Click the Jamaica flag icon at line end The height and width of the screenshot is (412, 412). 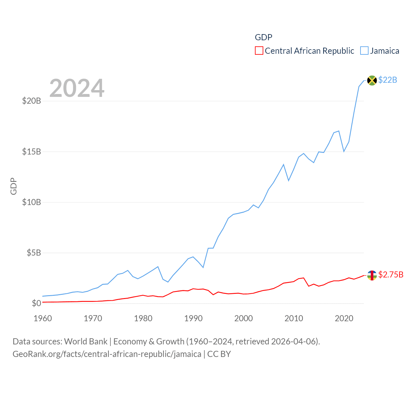click(x=372, y=80)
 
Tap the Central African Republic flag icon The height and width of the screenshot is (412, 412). click(x=372, y=275)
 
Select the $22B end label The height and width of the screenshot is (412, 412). click(x=388, y=80)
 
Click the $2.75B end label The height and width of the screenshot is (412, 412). click(x=391, y=275)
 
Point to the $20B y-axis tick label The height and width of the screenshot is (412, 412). click(x=32, y=101)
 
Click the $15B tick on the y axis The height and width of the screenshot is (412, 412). click(x=32, y=152)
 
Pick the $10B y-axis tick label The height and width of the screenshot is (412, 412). click(x=32, y=202)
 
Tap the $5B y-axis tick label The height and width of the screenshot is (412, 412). click(x=34, y=253)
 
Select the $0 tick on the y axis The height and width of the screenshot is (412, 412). click(x=36, y=303)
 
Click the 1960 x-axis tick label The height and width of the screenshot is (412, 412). click(x=43, y=318)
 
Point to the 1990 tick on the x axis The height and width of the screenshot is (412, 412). click(x=193, y=318)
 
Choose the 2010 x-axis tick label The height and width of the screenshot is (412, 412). click(x=294, y=318)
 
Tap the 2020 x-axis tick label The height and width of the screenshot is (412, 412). click(x=344, y=318)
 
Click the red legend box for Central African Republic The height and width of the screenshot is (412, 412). click(x=259, y=51)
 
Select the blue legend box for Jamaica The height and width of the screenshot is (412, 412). click(x=364, y=51)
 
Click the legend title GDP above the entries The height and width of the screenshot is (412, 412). click(x=263, y=37)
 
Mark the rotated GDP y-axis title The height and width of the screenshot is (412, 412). click(x=14, y=186)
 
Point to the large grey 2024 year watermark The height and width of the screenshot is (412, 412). click(x=77, y=88)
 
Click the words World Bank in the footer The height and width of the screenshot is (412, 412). click(x=86, y=341)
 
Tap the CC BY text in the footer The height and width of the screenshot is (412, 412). click(x=219, y=354)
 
